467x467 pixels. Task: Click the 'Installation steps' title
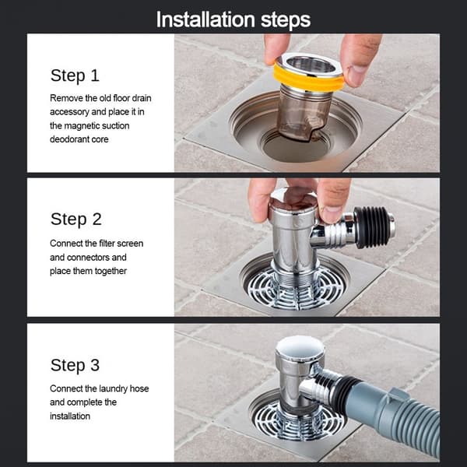(x=233, y=20)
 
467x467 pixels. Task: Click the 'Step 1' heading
(x=75, y=75)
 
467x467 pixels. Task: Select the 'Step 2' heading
(x=76, y=219)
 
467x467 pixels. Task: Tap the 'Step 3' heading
(x=75, y=365)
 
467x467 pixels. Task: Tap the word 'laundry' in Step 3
(x=113, y=388)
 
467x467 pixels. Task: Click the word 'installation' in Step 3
(x=70, y=416)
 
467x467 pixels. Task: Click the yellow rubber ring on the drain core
(x=308, y=77)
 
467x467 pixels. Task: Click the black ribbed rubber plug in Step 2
(x=371, y=227)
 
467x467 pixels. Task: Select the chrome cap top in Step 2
(x=293, y=199)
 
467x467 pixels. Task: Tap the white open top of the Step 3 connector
(x=300, y=347)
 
